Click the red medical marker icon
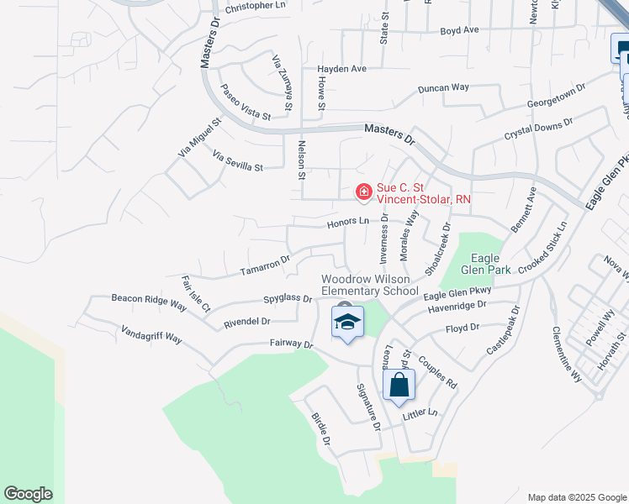[x=363, y=193]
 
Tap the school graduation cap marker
[x=347, y=322]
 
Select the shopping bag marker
[x=399, y=386]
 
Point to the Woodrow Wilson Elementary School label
[x=370, y=285]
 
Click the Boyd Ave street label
[x=459, y=30]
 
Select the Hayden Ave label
[x=342, y=69]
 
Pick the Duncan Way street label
[x=443, y=87]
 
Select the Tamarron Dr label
[x=265, y=265]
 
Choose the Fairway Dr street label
[x=291, y=344]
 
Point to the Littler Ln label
[x=421, y=413]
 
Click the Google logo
[x=28, y=494]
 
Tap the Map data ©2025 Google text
[x=576, y=497]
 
